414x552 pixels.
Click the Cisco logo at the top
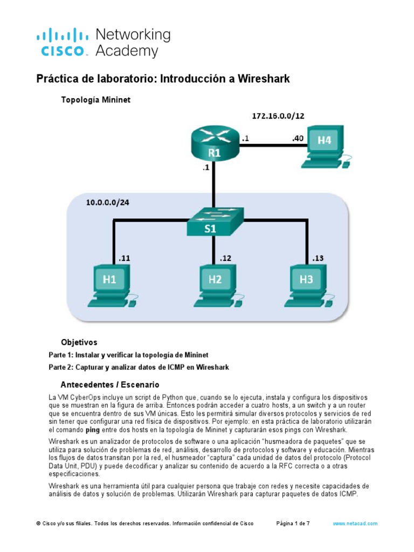click(102, 43)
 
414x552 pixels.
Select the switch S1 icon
click(215, 221)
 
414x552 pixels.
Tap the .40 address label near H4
click(297, 139)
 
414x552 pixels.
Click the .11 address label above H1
click(125, 258)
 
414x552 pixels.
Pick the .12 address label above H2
click(225, 258)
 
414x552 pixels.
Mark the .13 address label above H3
click(318, 258)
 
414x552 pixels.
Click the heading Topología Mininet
click(96, 100)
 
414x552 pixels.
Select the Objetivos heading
click(79, 342)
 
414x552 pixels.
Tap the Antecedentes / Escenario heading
click(110, 385)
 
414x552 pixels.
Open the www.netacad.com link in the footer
click(355, 523)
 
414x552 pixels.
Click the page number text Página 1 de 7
click(293, 523)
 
